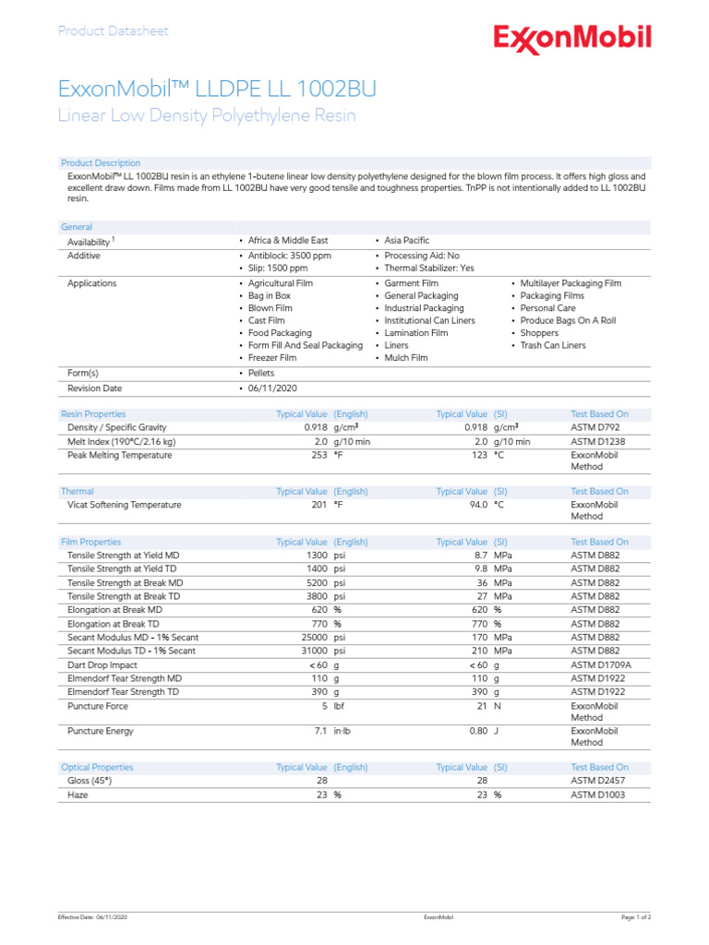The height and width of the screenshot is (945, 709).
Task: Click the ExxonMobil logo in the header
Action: [572, 39]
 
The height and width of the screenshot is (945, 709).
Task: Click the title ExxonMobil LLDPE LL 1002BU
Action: [217, 89]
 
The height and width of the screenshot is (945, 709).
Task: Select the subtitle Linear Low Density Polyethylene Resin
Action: [207, 116]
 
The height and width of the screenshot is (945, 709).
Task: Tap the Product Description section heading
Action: [101, 163]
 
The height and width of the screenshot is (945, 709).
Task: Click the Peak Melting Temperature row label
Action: [119, 455]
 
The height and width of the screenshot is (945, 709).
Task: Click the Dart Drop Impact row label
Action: [102, 664]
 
